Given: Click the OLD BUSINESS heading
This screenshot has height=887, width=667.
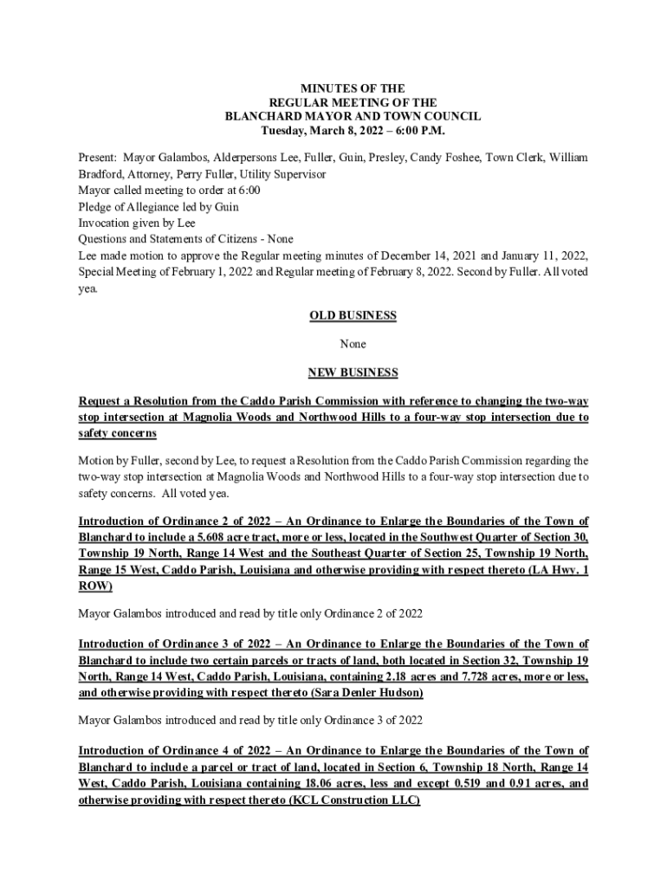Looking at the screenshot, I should click(x=353, y=316).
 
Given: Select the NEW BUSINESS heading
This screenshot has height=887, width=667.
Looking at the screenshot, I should click(x=353, y=372).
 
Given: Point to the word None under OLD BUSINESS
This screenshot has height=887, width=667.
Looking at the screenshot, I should click(x=353, y=344).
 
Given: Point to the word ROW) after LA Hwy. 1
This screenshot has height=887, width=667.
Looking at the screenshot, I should click(x=95, y=586).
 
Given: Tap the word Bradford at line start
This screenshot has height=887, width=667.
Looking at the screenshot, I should click(x=102, y=174).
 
